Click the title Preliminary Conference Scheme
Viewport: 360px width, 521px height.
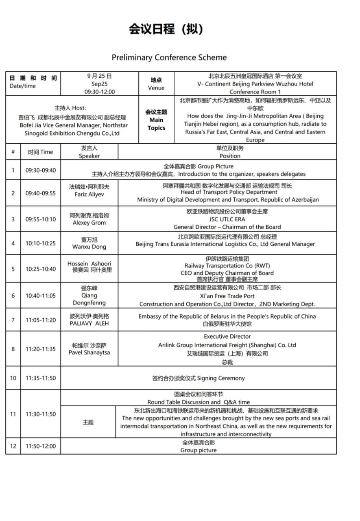[x=169, y=57]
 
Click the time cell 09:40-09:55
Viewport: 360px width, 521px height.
[x=41, y=193]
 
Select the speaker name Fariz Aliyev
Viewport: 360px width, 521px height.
[x=89, y=195]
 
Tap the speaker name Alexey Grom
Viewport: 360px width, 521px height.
[x=89, y=223]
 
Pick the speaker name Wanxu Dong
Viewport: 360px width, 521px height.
[x=89, y=247]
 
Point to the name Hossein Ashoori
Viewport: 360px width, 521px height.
[x=89, y=263]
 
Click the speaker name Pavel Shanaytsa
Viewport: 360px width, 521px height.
[x=89, y=352]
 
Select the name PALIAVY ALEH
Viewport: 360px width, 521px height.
[x=89, y=324]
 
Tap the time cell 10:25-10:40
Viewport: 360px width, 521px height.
[x=41, y=269]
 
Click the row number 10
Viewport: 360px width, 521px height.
[x=13, y=378]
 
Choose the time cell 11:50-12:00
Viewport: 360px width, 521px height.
[x=41, y=446]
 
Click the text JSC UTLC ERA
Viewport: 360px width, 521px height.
[x=227, y=219]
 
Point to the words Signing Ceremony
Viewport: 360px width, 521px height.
[x=221, y=378]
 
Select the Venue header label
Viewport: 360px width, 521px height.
[x=156, y=88]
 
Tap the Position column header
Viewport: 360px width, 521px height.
[x=230, y=156]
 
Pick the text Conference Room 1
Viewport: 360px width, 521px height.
[x=255, y=92]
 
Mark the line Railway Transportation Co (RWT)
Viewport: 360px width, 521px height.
[x=227, y=266]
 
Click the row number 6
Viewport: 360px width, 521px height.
[x=13, y=296]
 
